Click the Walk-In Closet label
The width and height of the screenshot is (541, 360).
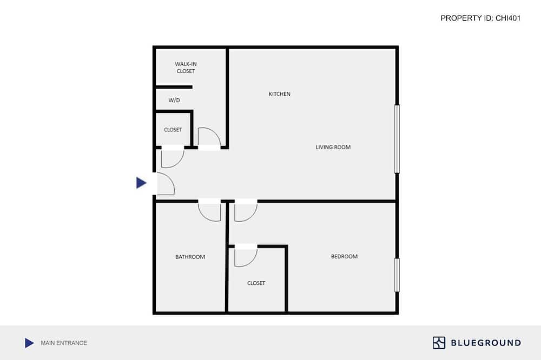click(x=186, y=68)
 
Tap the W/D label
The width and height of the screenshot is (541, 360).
click(x=174, y=101)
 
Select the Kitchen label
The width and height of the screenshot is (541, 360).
click(x=280, y=94)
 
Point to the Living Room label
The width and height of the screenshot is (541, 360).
click(x=333, y=147)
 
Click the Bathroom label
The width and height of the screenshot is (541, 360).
click(x=190, y=257)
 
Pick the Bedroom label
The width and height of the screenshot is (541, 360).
click(x=344, y=257)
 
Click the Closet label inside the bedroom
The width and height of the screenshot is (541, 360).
click(x=256, y=283)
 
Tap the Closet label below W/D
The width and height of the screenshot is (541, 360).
click(x=173, y=130)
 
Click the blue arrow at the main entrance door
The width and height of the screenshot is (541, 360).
click(x=141, y=183)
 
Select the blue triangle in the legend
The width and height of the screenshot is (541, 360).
click(x=29, y=343)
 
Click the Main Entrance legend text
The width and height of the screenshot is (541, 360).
click(x=64, y=343)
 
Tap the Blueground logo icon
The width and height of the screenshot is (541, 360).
click(x=439, y=343)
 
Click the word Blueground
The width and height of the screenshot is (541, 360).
click(x=486, y=343)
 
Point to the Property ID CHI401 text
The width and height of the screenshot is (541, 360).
click(x=480, y=18)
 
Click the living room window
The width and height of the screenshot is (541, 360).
click(x=397, y=138)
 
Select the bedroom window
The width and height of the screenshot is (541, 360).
click(x=397, y=275)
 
